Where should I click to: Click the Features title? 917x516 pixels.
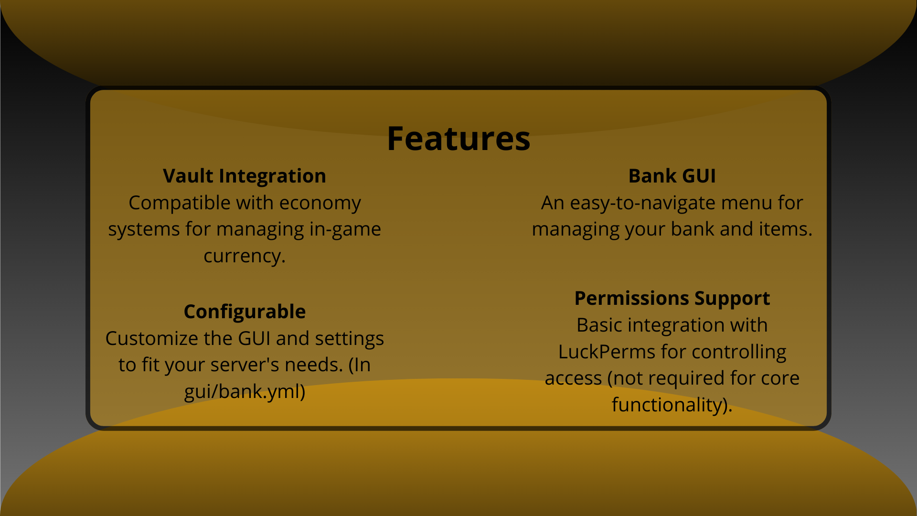coord(458,139)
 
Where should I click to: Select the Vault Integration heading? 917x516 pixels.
coord(244,176)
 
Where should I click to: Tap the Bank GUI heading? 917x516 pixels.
coord(672,176)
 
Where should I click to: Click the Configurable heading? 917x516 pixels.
coord(244,312)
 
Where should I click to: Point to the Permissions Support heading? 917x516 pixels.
coord(672,298)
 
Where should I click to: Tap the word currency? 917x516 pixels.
coord(244,256)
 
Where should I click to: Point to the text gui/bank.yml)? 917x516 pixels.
coord(244,392)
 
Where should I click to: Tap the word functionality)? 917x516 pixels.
coord(672,405)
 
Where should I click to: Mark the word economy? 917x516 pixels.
coord(320,203)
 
